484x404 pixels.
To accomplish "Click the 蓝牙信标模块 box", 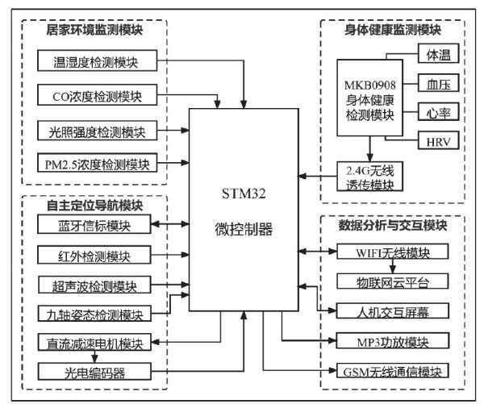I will point(94,224).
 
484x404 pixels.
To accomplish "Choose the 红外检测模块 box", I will point(94,256).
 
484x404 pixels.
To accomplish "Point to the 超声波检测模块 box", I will point(94,285).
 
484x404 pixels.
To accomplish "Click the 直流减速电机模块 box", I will point(94,343).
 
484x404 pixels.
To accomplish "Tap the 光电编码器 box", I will point(94,371).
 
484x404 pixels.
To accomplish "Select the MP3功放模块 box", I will point(392,340).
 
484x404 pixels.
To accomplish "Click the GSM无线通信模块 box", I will point(392,371).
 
